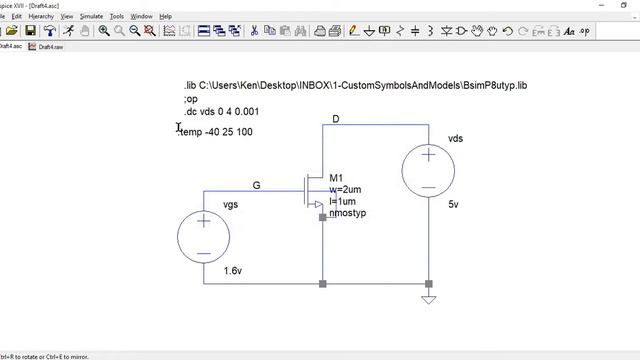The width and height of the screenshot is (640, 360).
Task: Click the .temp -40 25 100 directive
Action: tap(217, 132)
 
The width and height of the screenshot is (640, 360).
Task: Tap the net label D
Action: tap(336, 120)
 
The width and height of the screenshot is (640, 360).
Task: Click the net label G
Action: tap(256, 186)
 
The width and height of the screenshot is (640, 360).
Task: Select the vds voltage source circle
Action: tap(429, 171)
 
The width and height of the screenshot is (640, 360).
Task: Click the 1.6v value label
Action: tap(233, 271)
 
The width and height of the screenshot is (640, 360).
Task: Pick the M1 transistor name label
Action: tap(336, 178)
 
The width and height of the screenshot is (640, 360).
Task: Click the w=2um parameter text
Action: tap(344, 190)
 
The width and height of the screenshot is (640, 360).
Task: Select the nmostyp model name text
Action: tap(347, 213)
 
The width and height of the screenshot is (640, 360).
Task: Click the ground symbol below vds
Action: tap(429, 297)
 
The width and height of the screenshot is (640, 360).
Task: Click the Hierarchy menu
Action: tap(41, 17)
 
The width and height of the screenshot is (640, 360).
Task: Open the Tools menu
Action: tap(117, 17)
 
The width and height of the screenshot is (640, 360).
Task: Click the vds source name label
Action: tap(455, 139)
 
